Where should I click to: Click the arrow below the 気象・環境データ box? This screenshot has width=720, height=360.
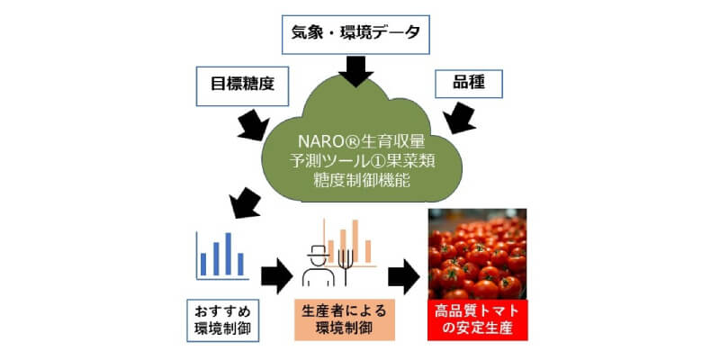[x=358, y=68]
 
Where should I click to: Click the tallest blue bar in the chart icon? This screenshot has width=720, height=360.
[x=228, y=253]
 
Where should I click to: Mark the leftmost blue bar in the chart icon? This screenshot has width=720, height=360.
[x=203, y=264]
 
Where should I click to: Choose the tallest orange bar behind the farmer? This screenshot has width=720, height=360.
[x=345, y=236]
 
